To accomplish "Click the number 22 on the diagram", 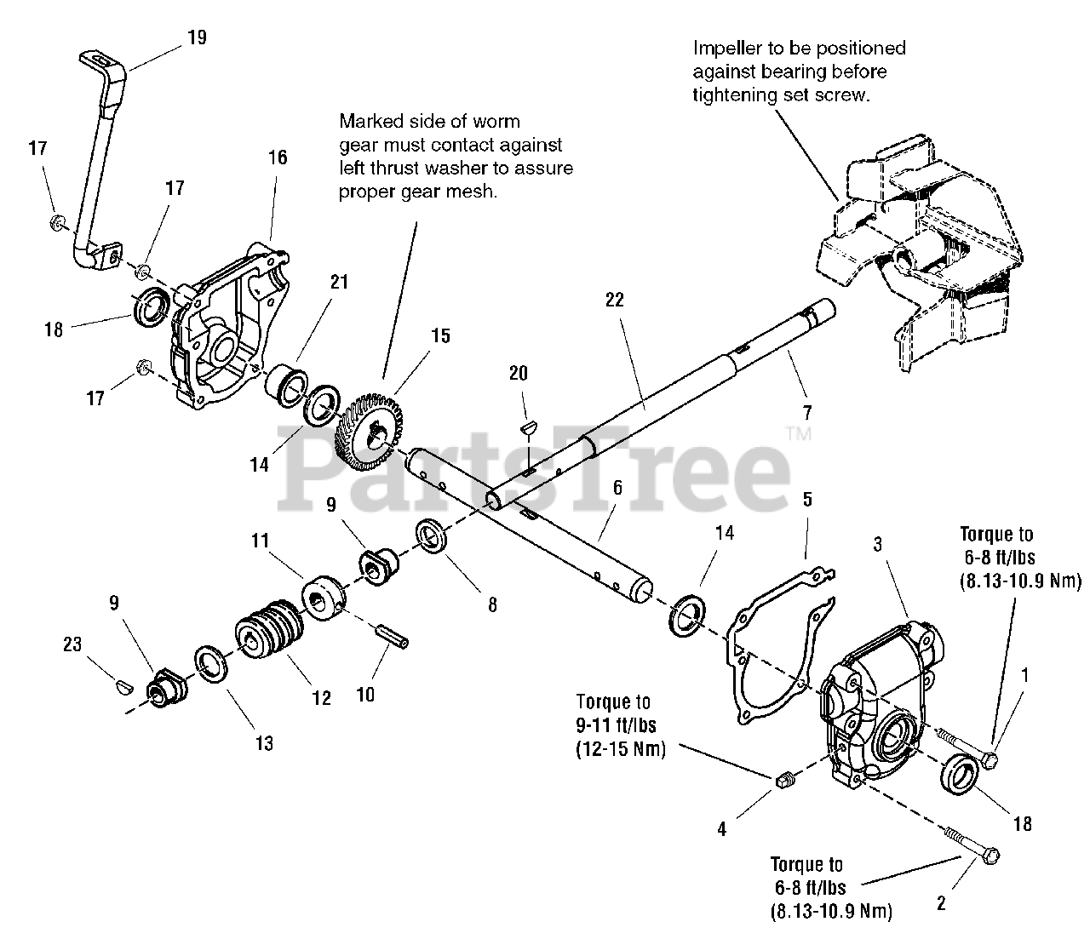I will pos(615,300).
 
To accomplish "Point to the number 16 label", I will pos(278,157).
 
